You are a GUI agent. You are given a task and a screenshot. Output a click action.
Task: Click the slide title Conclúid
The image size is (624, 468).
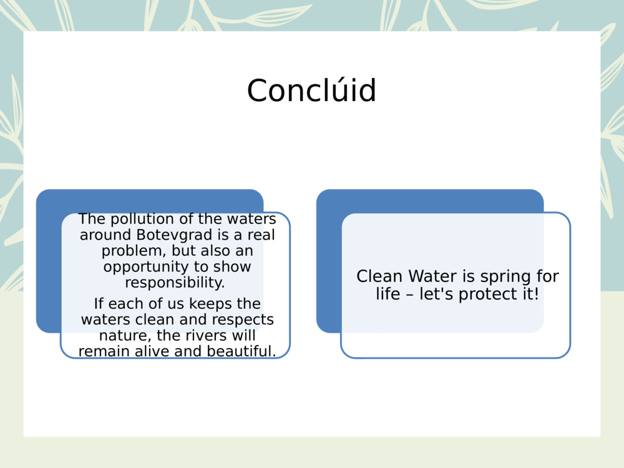tap(311, 91)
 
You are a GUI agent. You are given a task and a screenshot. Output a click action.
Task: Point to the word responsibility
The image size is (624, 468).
tap(175, 283)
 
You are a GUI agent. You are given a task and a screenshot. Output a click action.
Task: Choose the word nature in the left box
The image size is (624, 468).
tap(122, 336)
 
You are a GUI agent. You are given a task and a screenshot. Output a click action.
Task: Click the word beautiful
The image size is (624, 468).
tap(241, 351)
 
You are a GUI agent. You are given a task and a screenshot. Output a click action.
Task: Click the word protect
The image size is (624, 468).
tap(485, 294)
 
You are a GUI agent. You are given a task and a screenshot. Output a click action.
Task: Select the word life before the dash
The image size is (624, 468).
tap(387, 294)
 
